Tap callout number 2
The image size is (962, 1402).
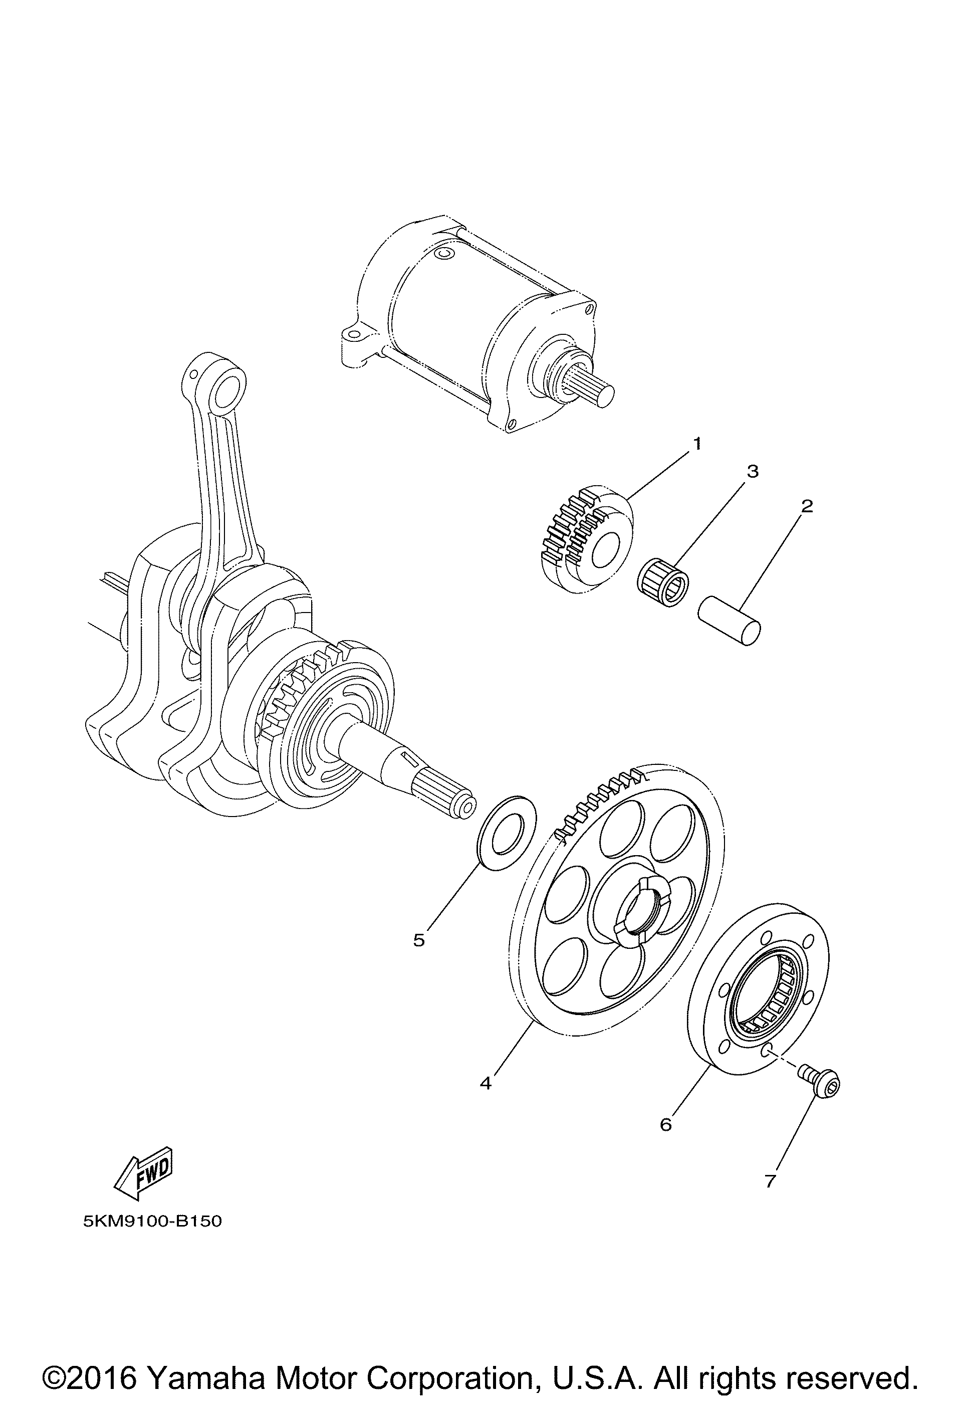click(806, 506)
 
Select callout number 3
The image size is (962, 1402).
click(752, 472)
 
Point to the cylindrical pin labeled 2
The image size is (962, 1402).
click(729, 621)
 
